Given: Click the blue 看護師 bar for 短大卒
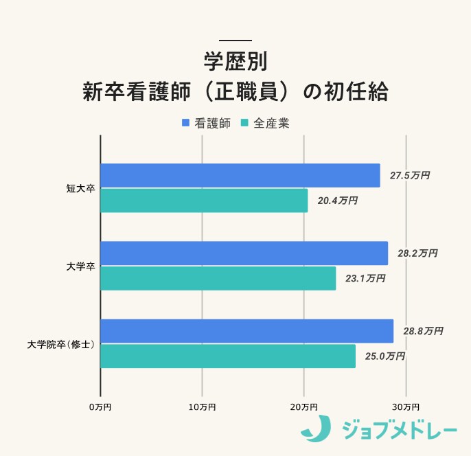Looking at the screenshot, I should (240, 176).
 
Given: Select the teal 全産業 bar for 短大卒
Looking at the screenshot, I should (204, 201).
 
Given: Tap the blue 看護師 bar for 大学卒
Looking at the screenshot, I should (244, 253).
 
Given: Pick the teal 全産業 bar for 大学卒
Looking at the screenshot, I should (218, 278).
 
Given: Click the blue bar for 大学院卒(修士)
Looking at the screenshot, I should (247, 331).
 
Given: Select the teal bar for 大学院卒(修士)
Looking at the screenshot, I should (228, 356).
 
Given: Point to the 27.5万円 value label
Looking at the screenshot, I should (410, 176).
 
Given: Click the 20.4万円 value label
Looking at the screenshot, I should (338, 201).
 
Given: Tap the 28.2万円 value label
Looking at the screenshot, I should (417, 253).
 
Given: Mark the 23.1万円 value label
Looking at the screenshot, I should (365, 278).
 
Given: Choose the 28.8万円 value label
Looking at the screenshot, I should (423, 331).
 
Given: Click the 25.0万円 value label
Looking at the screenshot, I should (385, 356).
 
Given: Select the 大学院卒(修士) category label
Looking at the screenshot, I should (61, 343).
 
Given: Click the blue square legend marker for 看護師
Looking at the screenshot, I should (185, 123).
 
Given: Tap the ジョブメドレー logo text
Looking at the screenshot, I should (399, 431).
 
